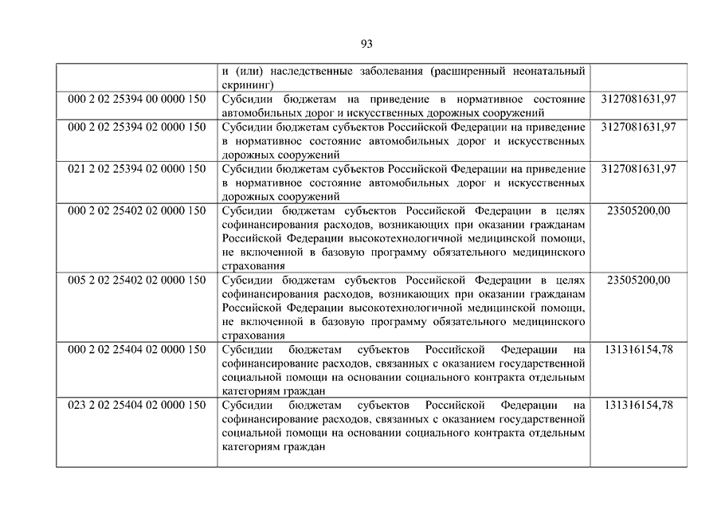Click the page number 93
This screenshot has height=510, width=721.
pos(366,44)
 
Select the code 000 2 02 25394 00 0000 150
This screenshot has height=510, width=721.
pos(137,99)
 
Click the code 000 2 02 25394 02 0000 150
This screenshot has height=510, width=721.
pos(137,127)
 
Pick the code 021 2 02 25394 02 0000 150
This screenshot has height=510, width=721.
pos(137,169)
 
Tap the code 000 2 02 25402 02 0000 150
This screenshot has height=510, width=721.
pos(137,210)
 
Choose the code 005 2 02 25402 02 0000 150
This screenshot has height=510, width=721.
pos(137,280)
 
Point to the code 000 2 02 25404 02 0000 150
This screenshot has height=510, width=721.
pos(137,349)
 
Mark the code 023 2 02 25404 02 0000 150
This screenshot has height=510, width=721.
pos(137,405)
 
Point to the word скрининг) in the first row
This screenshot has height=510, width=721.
pos(248,84)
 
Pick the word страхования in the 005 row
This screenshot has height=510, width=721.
pos(253,335)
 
